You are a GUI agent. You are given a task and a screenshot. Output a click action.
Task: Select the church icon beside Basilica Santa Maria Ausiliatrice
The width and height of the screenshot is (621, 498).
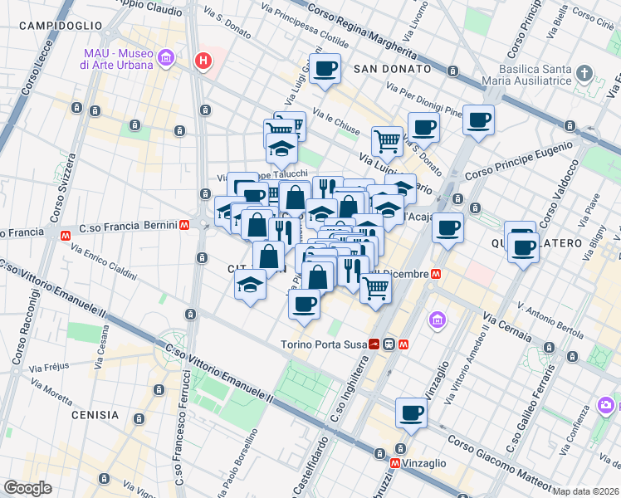(585, 73)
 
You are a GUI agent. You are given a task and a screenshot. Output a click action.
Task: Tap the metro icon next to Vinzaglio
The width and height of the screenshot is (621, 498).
(397, 462)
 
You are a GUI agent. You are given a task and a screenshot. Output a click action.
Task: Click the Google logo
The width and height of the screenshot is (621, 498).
(27, 488)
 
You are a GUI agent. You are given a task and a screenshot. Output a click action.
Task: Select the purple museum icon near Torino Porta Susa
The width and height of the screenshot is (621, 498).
(436, 320)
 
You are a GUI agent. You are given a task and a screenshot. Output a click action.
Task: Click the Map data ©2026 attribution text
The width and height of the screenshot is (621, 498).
(586, 491)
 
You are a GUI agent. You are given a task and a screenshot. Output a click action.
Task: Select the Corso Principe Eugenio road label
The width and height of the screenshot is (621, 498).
(519, 162)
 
